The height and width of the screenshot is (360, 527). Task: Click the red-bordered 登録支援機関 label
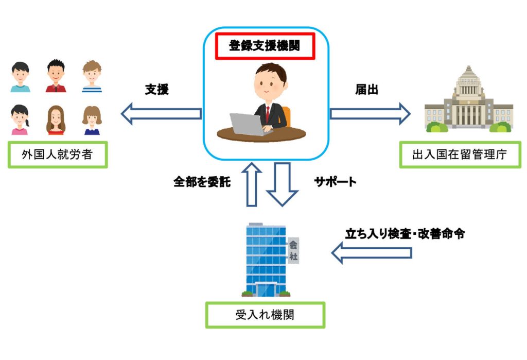[x=264, y=47]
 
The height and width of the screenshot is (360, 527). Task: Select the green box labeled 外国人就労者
[x=58, y=155]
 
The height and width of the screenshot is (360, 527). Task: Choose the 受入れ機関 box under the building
[x=265, y=315]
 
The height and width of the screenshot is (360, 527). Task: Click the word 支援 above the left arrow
[x=157, y=90]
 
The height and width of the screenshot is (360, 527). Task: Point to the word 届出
[x=366, y=90]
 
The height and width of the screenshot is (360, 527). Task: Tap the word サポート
[x=335, y=182]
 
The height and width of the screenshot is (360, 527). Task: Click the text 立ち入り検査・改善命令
[x=405, y=233]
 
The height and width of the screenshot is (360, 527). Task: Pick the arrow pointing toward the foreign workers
[x=161, y=113]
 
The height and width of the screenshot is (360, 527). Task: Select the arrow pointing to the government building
[x=370, y=113]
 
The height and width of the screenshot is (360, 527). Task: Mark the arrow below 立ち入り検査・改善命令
[x=372, y=253]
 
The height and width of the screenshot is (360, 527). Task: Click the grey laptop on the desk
[x=246, y=124]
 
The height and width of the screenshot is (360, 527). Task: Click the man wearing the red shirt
[x=56, y=76]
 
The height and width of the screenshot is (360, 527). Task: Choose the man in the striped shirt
[x=92, y=77]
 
